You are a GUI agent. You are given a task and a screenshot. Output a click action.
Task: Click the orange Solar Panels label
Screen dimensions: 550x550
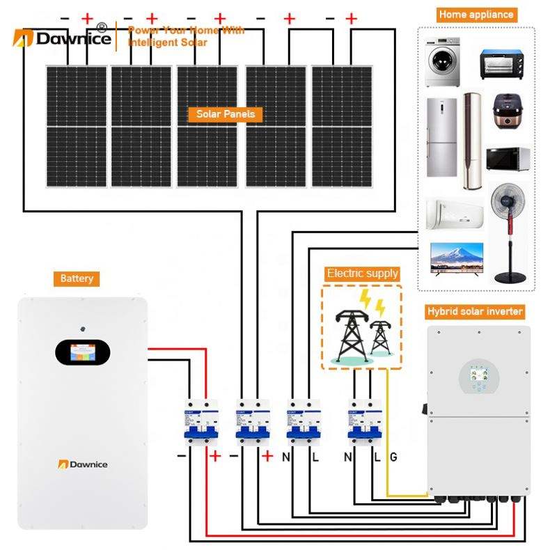point(226,114)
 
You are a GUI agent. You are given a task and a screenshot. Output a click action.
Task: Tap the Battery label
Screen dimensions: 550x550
point(77,278)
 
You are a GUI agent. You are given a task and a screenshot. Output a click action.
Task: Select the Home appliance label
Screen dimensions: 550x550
point(476,14)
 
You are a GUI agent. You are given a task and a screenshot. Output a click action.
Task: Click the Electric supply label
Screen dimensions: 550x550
point(362,274)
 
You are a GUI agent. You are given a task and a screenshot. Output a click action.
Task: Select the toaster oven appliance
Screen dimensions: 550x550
point(501,64)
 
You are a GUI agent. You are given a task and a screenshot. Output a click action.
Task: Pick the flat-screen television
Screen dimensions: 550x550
point(457,258)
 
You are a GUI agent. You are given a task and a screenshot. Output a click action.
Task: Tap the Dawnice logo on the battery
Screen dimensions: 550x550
point(83,464)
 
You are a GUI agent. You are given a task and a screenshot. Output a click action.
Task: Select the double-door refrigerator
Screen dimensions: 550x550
point(441,133)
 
